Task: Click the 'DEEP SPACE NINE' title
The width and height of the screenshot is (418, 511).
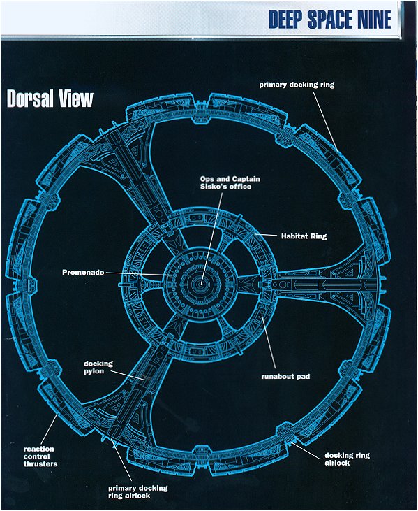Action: click(x=330, y=20)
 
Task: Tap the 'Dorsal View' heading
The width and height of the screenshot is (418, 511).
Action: click(x=50, y=99)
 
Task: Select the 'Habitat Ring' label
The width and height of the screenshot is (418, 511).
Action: click(x=304, y=236)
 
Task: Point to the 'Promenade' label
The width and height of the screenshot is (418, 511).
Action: click(x=83, y=272)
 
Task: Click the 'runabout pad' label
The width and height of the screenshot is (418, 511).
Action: click(x=285, y=376)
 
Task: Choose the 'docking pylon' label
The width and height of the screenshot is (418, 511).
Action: click(x=98, y=367)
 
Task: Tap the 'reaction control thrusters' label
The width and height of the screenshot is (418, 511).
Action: click(x=40, y=456)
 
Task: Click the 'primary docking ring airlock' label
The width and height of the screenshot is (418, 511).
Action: click(x=138, y=491)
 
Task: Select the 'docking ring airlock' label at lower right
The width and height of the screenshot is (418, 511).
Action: click(x=347, y=459)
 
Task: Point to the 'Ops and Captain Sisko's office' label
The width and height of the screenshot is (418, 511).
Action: click(x=230, y=182)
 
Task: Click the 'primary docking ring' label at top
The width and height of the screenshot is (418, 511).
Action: click(x=297, y=85)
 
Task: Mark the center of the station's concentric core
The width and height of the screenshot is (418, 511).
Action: click(x=201, y=285)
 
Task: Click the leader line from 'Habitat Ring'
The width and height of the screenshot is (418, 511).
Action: click(x=266, y=235)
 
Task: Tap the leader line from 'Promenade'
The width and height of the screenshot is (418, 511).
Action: click(x=140, y=274)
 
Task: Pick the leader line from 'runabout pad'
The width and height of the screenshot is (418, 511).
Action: click(x=268, y=342)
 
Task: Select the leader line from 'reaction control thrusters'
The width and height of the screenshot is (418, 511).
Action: click(x=50, y=429)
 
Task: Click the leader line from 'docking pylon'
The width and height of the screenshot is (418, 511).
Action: click(x=128, y=375)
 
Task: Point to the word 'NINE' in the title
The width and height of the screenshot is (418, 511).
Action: click(x=375, y=20)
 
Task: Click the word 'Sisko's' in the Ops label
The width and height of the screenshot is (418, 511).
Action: click(x=216, y=187)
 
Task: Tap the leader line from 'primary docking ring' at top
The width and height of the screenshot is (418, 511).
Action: click(x=326, y=121)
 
